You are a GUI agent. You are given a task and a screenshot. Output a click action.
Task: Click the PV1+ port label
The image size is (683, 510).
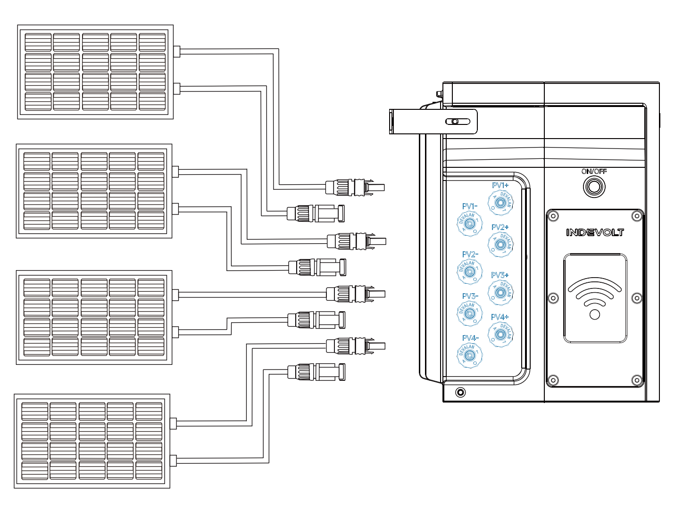tap(500, 186)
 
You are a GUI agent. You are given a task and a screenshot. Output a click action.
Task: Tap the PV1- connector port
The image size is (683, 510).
tap(470, 223)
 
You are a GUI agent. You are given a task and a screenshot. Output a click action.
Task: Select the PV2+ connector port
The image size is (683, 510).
tap(500, 244)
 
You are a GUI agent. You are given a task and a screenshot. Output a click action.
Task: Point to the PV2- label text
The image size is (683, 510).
tap(470, 255)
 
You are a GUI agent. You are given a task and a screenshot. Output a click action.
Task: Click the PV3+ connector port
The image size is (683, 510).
tap(500, 292)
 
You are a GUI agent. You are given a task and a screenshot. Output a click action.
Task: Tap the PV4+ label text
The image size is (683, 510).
tap(500, 317)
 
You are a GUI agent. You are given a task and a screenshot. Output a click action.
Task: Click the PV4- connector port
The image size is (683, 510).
tap(470, 354)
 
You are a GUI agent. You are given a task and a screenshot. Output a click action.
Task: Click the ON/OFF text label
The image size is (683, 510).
tap(594, 172)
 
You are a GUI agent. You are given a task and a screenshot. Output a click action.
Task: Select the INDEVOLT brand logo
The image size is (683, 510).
tap(595, 232)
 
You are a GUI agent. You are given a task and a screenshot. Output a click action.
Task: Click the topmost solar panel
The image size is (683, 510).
tap(95, 72)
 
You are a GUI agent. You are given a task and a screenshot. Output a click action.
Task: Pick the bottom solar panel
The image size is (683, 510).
tap(92, 441)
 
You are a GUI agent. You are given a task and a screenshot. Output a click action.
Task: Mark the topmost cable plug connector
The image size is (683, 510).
tap(355, 187)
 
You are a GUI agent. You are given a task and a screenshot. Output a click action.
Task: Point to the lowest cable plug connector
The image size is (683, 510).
tap(316, 372)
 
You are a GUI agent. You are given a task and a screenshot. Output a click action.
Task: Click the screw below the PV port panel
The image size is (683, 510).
tap(460, 392)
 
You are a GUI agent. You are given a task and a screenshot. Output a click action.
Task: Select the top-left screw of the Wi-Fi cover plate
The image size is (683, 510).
tap(554, 216)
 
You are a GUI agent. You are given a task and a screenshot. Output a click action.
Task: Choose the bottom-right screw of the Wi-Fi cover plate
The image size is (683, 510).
tap(636, 380)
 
